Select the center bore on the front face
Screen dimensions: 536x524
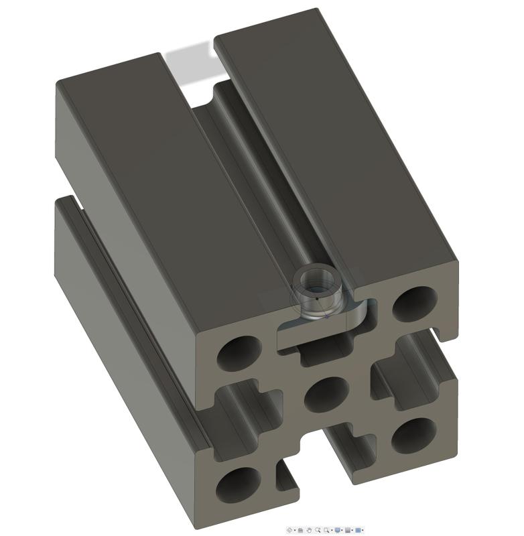tap(327, 393)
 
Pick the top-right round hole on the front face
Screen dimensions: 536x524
tap(414, 303)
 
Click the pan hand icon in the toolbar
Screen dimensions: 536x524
tap(309, 530)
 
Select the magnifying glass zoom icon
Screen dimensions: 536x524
tap(318, 530)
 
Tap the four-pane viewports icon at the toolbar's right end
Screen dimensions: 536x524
tap(358, 530)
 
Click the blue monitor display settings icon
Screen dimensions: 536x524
tap(338, 530)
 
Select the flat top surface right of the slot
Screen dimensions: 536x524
tap(328, 134)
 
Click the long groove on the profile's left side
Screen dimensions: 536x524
tap(134, 322)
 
